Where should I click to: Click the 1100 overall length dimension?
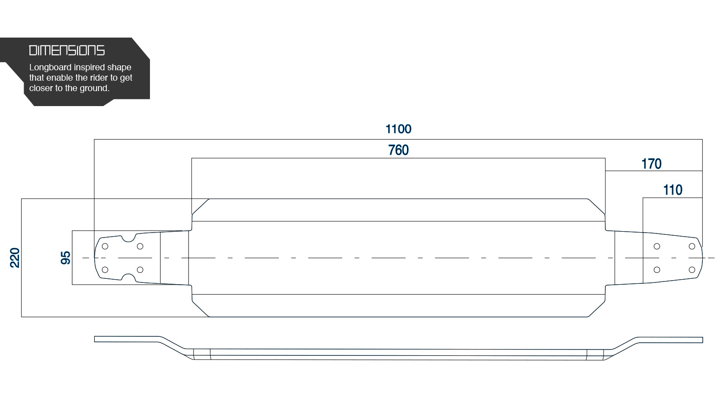(x=398, y=129)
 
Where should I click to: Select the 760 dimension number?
(x=398, y=150)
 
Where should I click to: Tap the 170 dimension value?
(x=651, y=164)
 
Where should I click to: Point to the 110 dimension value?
(x=672, y=190)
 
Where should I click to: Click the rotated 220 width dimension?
(x=15, y=258)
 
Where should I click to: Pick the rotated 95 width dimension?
(x=65, y=258)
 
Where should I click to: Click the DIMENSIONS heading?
(x=67, y=50)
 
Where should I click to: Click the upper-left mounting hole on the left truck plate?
(x=105, y=247)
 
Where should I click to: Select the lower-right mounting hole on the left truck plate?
(x=140, y=270)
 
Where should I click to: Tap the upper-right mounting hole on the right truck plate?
(x=691, y=247)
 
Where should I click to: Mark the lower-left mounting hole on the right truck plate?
(x=657, y=270)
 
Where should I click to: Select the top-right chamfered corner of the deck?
(x=596, y=207)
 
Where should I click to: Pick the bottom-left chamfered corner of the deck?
(x=201, y=309)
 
